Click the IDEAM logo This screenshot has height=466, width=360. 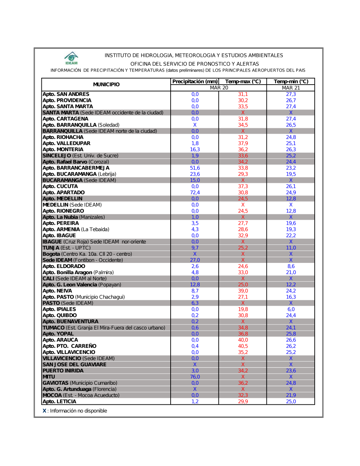(x=71, y=58)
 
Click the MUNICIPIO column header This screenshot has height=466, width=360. (x=106, y=85)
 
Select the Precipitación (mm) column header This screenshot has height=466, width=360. (x=195, y=82)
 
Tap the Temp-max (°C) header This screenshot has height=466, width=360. (x=243, y=82)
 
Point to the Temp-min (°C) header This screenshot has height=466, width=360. (x=291, y=82)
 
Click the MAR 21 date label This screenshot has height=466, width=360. (x=291, y=88)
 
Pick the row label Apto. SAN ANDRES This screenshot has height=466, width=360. (x=66, y=94)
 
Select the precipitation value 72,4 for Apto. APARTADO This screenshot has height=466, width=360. (x=195, y=193)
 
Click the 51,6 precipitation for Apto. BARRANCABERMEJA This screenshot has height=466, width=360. (x=195, y=168)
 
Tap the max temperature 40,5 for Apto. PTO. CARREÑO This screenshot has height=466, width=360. (x=243, y=346)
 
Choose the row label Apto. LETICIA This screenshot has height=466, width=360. (x=59, y=402)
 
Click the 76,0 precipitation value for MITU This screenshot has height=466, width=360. (x=195, y=377)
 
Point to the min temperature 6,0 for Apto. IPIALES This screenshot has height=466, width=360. (x=291, y=309)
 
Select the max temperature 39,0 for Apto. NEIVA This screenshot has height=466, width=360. (x=243, y=291)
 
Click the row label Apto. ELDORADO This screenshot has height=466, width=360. (x=64, y=266)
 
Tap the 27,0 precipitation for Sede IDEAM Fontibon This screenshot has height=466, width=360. (x=195, y=260)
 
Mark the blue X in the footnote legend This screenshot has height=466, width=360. (x=44, y=411)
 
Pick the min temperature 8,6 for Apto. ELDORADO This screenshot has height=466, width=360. (x=291, y=266)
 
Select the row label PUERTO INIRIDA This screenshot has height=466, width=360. (x=63, y=371)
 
